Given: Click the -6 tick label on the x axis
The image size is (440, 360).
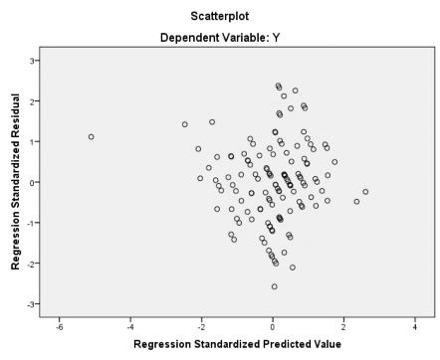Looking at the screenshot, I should pyautogui.click(x=59, y=324).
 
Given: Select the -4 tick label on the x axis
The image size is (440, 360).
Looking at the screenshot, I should pyautogui.click(x=129, y=324).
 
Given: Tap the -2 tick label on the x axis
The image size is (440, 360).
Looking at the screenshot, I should pyautogui.click(x=201, y=324).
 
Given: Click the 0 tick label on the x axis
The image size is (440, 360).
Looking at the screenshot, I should pyautogui.click(x=273, y=324).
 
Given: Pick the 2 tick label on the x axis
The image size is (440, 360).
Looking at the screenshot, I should pyautogui.click(x=343, y=324).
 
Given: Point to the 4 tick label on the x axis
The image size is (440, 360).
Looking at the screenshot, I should pyautogui.click(x=415, y=324).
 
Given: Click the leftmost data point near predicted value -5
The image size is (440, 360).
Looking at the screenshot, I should pyautogui.click(x=91, y=137).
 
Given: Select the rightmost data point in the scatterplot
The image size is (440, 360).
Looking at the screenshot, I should pyautogui.click(x=365, y=192).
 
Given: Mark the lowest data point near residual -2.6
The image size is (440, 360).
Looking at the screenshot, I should pyautogui.click(x=275, y=286).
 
